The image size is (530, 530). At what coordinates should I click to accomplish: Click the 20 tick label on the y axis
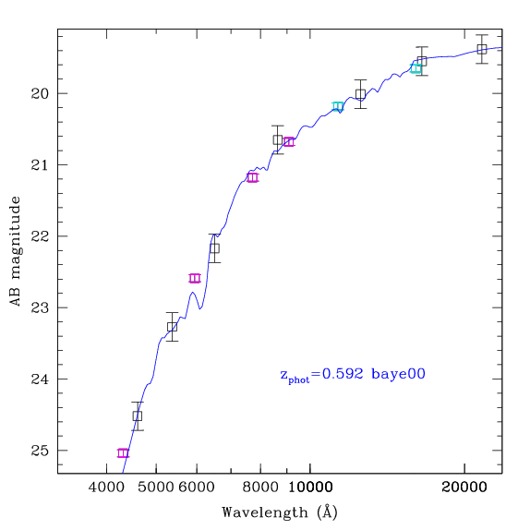pos(40,93)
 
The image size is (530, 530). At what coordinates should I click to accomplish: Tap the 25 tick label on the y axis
pos(40,451)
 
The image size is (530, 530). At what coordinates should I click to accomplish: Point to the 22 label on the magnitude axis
pos(40,236)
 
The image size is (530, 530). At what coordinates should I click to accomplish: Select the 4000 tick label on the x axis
pos(106,488)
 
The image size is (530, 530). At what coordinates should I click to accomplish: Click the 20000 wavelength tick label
pos(464,488)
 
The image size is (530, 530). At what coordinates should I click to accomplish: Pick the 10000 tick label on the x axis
pos(310,488)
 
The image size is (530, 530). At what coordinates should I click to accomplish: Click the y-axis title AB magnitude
pos(16,251)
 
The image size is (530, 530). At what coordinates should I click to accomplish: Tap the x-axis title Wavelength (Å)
pos(280,512)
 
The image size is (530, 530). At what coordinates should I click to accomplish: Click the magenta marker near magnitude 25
pos(123,453)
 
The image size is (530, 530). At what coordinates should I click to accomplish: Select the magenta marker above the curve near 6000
pos(195,278)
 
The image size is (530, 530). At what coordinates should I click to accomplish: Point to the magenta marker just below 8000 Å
pos(252,177)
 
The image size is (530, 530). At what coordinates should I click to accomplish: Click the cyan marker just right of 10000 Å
pos(338,106)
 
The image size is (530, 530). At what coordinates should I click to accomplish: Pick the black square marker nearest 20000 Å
pos(482,49)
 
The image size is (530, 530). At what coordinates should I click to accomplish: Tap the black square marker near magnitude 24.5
pos(138,416)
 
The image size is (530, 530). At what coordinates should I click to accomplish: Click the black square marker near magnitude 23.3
pos(172,327)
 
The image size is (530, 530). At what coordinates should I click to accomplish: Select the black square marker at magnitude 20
pos(361,94)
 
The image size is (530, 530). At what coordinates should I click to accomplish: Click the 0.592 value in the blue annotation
pos(343,374)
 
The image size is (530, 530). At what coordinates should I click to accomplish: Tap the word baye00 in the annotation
pos(398,374)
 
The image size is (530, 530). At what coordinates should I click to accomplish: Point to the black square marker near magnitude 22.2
pos(214,248)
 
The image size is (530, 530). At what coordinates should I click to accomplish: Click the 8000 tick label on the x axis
pos(260,488)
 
